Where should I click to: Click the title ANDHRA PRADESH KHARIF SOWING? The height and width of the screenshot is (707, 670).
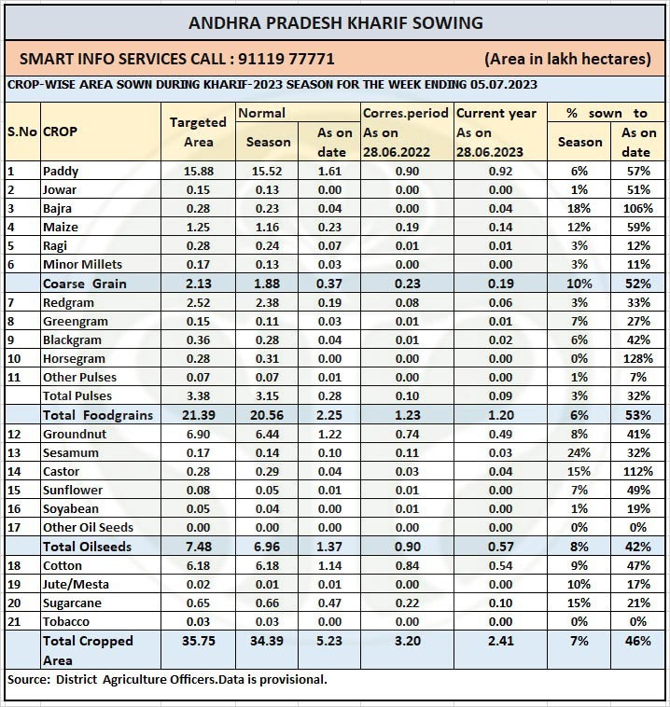pos(336,22)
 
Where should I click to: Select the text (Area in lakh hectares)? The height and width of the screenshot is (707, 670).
pos(567,58)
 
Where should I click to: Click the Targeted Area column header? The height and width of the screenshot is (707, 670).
pos(198,132)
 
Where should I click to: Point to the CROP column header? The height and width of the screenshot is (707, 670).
pos(61,132)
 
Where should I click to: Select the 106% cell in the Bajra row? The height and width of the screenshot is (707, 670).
pos(636,208)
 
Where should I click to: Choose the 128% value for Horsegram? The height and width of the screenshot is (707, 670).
pos(636,358)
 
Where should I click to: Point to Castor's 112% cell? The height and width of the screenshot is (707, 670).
pos(636,471)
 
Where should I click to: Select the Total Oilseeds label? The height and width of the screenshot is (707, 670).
pos(88,547)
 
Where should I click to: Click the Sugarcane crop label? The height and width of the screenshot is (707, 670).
pos(72,603)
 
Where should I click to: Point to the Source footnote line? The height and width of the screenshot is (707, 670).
pos(168,679)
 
